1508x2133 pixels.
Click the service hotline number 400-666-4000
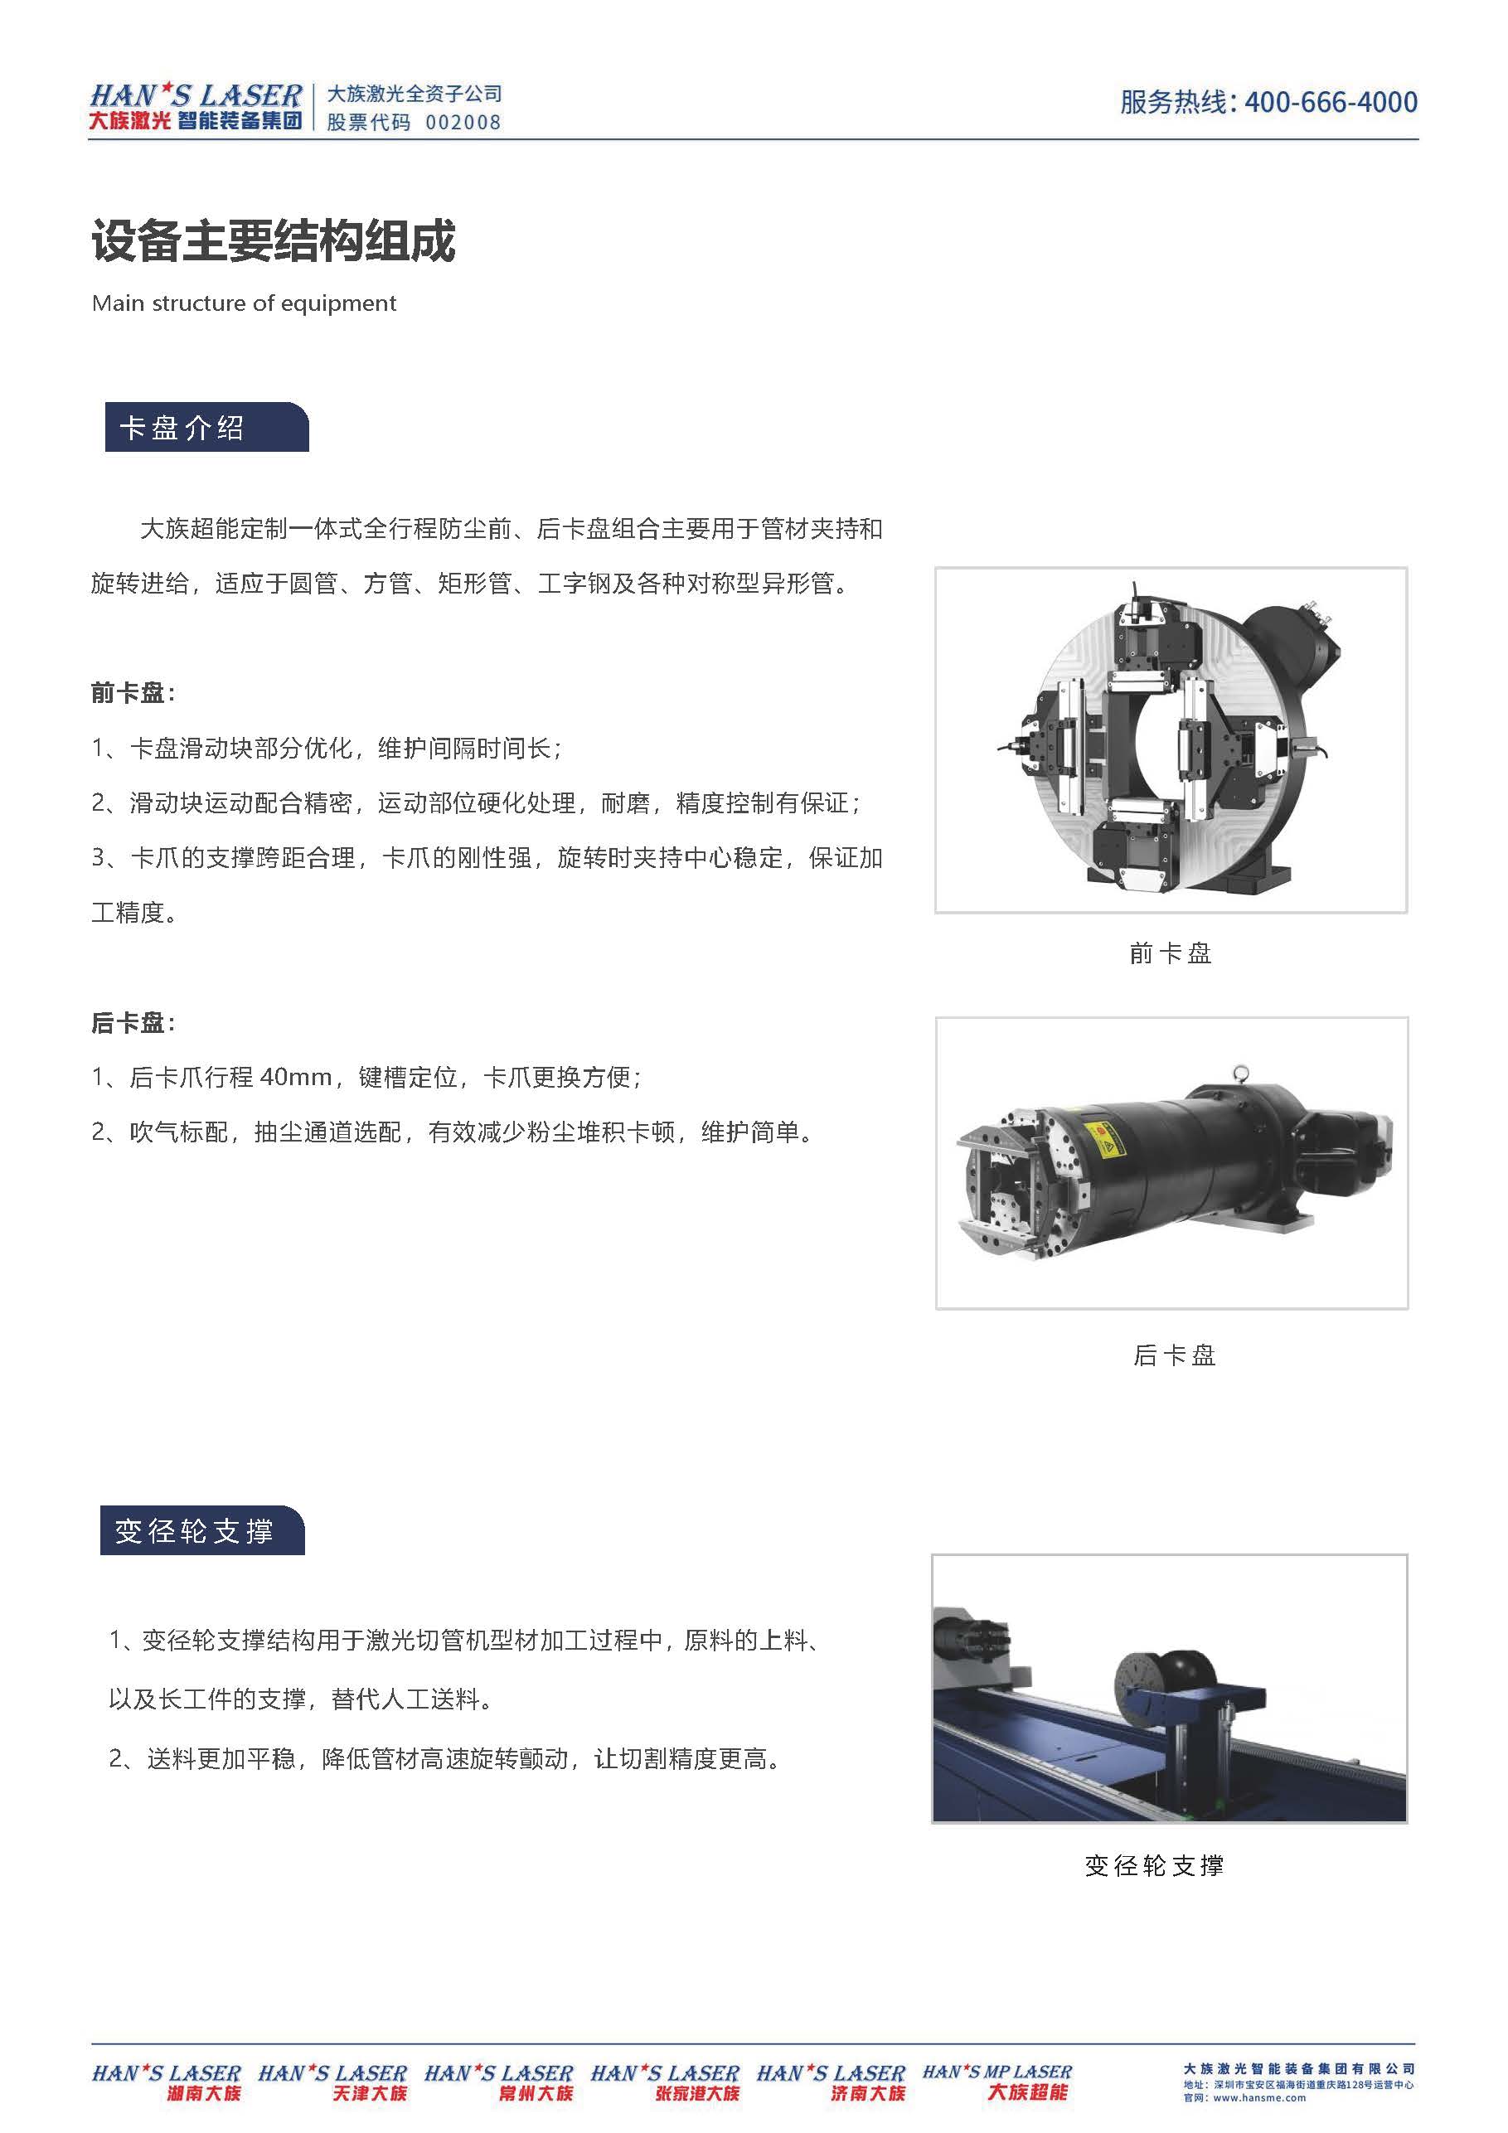tap(1331, 101)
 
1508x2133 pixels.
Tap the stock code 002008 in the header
tap(463, 123)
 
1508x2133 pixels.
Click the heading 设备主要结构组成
tap(274, 241)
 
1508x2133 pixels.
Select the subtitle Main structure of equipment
tap(245, 303)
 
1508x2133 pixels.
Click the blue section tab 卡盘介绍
tap(206, 427)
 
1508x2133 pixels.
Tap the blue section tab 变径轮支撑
tap(202, 1531)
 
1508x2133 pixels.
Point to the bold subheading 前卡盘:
tap(133, 692)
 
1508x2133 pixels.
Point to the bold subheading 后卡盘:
tap(133, 1023)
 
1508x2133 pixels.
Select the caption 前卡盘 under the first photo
tap(1170, 953)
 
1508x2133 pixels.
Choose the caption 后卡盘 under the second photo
tap(1174, 1355)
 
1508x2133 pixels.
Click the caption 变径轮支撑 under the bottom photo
tap(1154, 1865)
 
